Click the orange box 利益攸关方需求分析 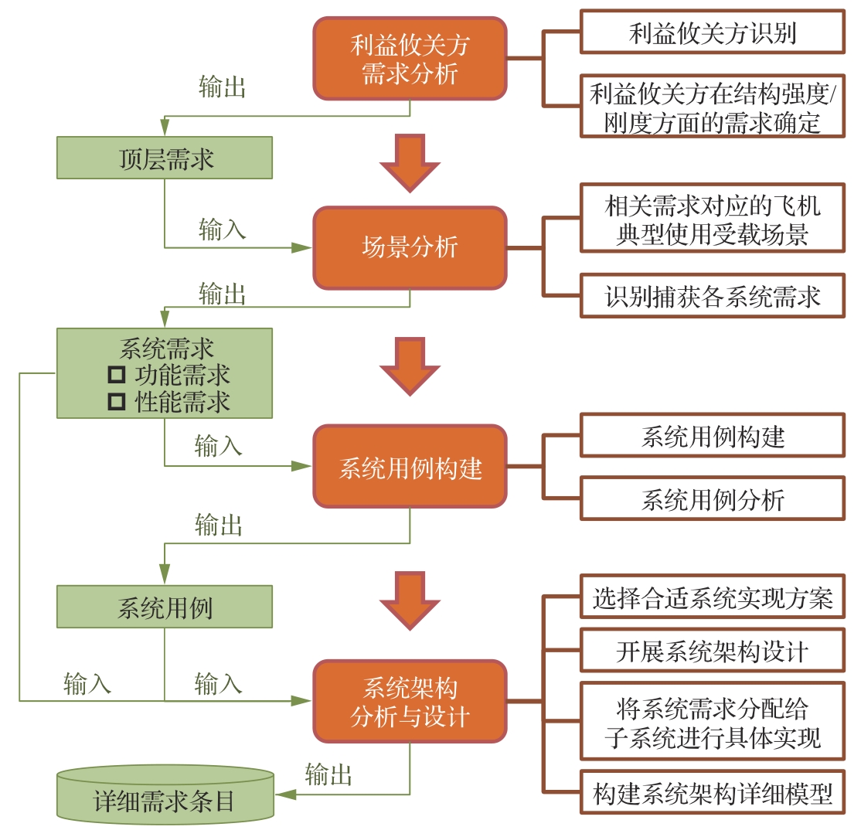(410, 59)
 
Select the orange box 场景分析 (410, 248)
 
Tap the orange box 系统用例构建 (410, 466)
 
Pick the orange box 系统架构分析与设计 (410, 701)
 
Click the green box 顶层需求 (165, 158)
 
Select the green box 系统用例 (165, 607)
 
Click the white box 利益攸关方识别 (712, 32)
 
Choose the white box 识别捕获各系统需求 (712, 295)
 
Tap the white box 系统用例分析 (712, 498)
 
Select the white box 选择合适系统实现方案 (712, 596)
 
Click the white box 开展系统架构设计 (712, 650)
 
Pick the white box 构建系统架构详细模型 (712, 793)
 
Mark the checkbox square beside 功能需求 (117, 376)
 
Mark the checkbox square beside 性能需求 (117, 402)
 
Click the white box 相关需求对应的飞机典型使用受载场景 (712, 218)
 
